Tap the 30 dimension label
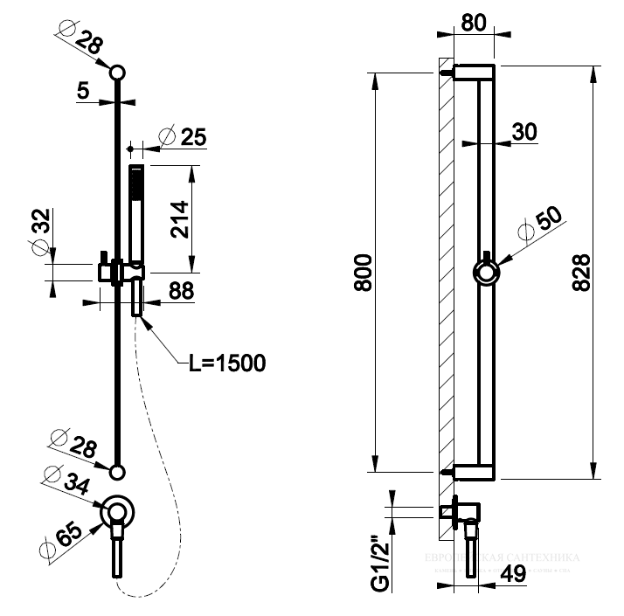[523, 131]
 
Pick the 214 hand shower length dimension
[179, 218]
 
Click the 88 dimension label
[181, 291]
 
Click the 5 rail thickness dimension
[82, 90]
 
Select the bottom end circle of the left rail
[117, 472]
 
